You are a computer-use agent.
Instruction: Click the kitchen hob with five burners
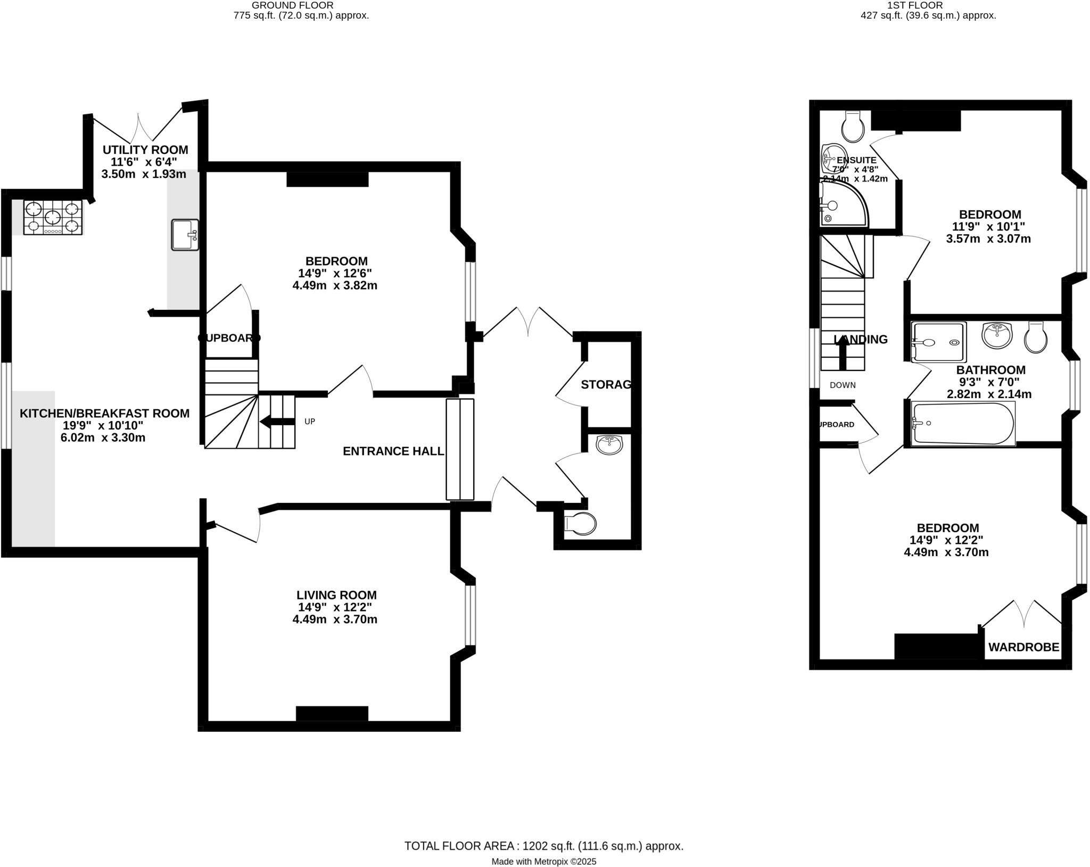(53, 217)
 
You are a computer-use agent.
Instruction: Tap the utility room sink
(185, 235)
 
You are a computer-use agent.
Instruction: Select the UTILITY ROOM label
(145, 150)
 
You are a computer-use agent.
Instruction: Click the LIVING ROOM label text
(336, 595)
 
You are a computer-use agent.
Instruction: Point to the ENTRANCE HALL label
(393, 451)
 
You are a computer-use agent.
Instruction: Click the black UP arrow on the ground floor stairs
(277, 422)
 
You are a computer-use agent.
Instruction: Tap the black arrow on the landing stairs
(843, 353)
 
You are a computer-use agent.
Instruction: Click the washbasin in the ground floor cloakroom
(609, 445)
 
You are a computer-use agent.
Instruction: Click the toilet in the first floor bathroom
(1036, 338)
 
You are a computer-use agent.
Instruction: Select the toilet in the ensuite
(853, 127)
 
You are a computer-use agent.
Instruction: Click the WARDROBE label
(1023, 648)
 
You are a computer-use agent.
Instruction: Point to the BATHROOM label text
(990, 370)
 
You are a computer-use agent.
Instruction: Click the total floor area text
(543, 831)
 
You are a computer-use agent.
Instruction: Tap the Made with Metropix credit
(543, 847)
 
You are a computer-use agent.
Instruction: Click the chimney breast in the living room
(332, 713)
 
